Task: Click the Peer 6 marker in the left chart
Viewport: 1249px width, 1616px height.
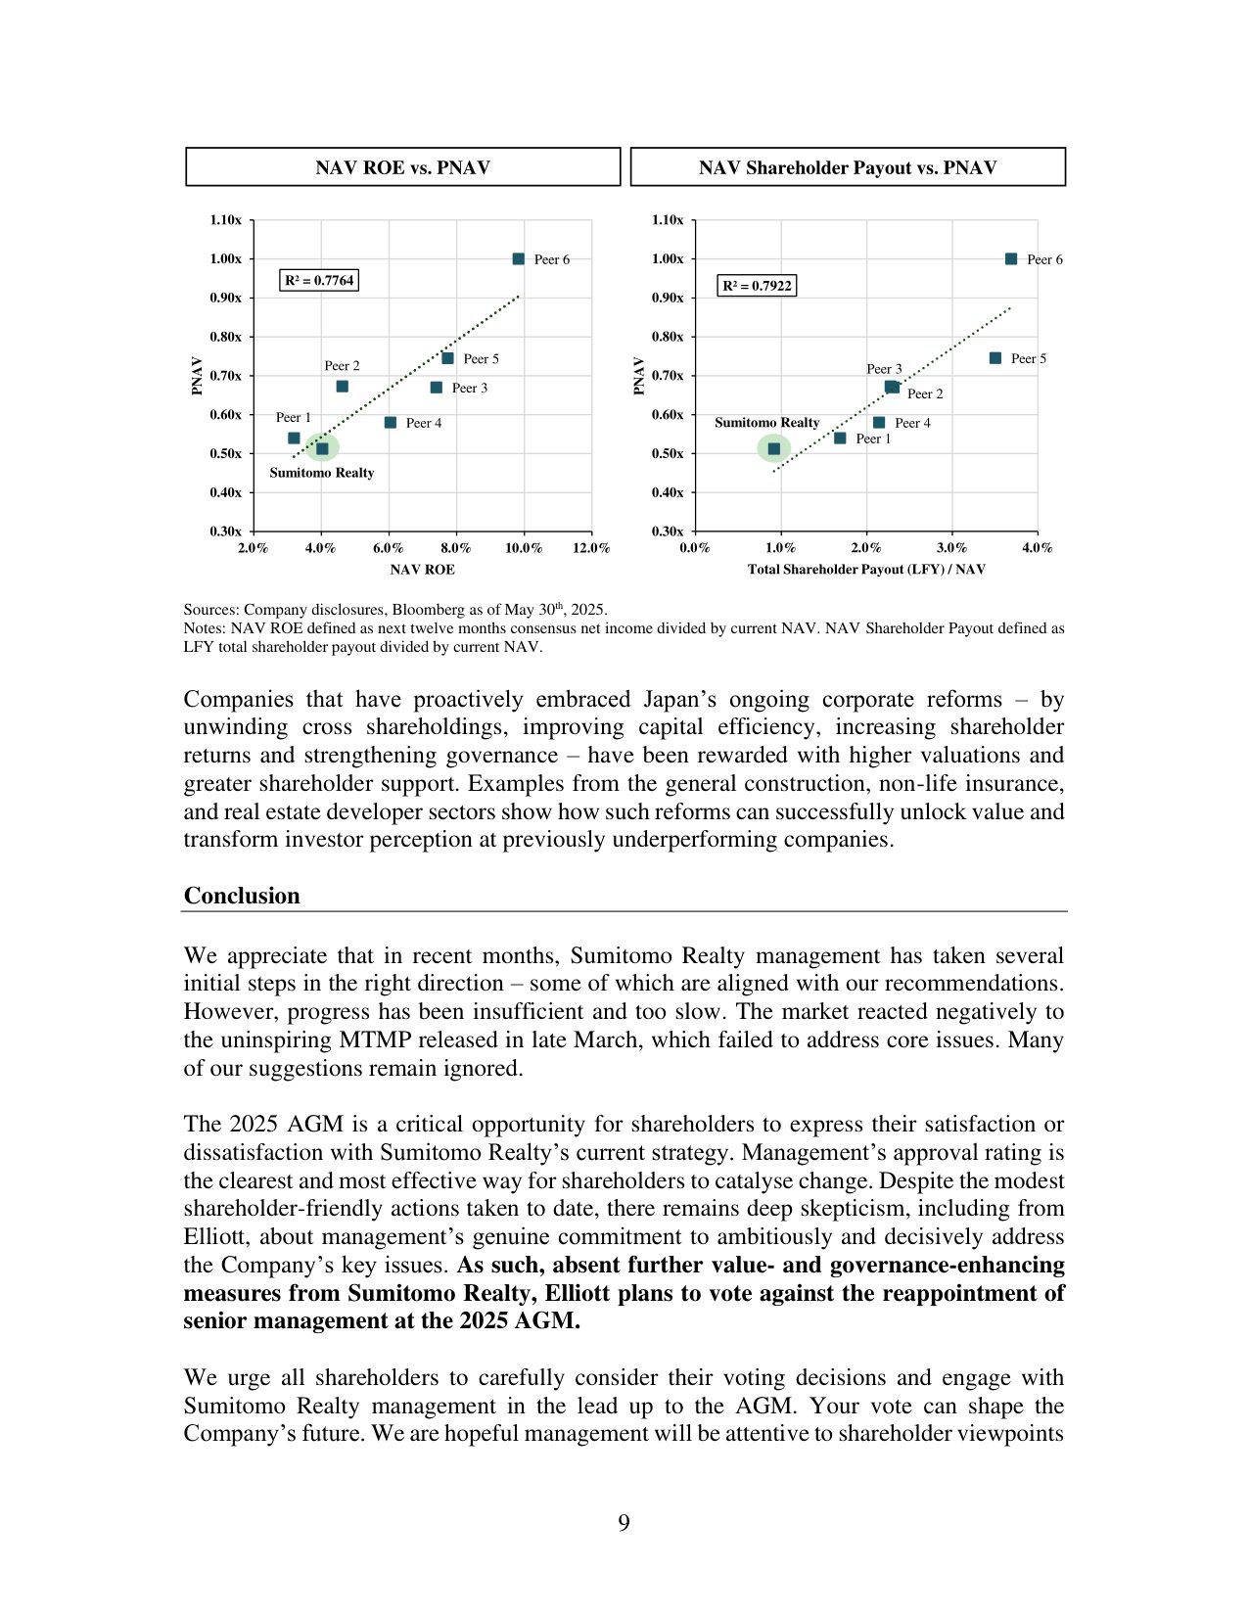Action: tap(519, 259)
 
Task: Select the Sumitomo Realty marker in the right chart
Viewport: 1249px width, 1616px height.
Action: tap(774, 449)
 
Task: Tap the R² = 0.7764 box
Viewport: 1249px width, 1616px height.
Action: tap(319, 281)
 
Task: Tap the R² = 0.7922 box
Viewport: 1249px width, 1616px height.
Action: tap(757, 286)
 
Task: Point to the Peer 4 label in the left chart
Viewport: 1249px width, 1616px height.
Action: tap(424, 423)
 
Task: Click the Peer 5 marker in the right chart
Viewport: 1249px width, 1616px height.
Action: tap(995, 358)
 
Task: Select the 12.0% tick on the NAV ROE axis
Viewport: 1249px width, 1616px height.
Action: tap(591, 548)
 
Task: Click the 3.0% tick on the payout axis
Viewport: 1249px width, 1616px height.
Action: tap(951, 548)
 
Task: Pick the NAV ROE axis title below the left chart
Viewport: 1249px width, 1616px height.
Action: tap(422, 570)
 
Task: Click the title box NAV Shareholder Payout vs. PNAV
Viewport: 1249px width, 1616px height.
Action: tap(848, 167)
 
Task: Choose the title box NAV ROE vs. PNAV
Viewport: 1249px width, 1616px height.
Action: tap(402, 167)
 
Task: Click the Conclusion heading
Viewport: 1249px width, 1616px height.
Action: tap(242, 896)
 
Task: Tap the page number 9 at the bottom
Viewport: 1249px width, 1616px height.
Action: tap(624, 1522)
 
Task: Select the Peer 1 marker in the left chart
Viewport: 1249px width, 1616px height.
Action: tap(294, 439)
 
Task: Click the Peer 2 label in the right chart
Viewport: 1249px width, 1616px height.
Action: tap(925, 393)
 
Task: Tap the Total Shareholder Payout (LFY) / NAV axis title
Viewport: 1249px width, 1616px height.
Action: tap(866, 570)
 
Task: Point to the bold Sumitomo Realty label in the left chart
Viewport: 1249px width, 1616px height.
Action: tap(322, 473)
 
